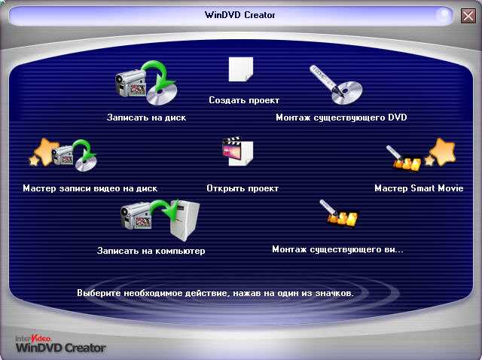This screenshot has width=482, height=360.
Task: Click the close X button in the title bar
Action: [468, 15]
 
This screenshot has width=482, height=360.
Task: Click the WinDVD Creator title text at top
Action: [240, 15]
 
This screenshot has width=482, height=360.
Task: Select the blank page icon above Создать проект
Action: [241, 69]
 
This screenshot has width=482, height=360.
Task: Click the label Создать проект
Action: [244, 100]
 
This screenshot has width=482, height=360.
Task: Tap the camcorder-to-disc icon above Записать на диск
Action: [146, 83]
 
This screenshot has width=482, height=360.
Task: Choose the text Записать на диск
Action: [146, 117]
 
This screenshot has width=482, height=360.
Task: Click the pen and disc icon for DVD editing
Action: [336, 85]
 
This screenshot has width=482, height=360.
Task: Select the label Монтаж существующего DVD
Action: [341, 117]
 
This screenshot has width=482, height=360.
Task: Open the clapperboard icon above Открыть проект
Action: [238, 151]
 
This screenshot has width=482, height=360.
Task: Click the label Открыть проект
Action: [243, 188]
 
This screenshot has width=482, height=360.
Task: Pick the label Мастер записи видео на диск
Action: [90, 188]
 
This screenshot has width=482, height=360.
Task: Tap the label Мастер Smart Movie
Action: [419, 188]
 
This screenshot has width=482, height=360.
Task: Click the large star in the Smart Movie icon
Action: [443, 151]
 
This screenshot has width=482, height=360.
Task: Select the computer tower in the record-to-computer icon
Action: [185, 221]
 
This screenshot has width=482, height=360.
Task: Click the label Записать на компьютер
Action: [151, 251]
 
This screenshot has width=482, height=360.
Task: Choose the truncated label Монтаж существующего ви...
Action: [337, 249]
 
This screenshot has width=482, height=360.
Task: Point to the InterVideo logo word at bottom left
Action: [33, 338]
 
